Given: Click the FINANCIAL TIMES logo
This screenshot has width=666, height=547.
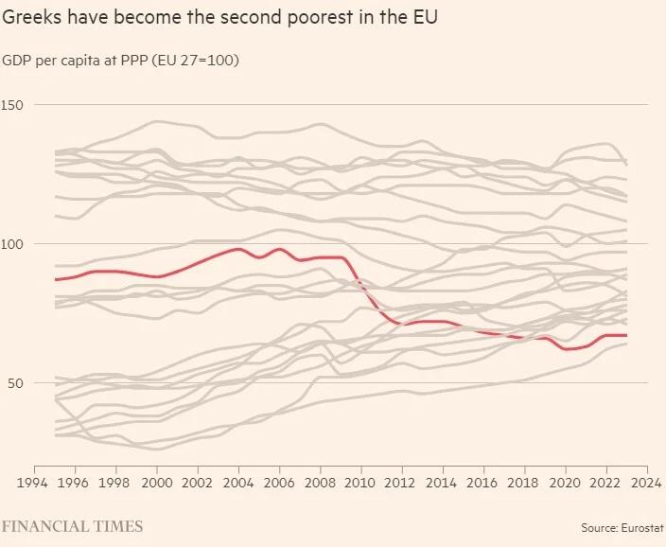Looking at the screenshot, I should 72,525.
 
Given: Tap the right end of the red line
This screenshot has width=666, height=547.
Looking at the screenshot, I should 626,335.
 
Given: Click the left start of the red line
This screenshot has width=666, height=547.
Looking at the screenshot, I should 56,279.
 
